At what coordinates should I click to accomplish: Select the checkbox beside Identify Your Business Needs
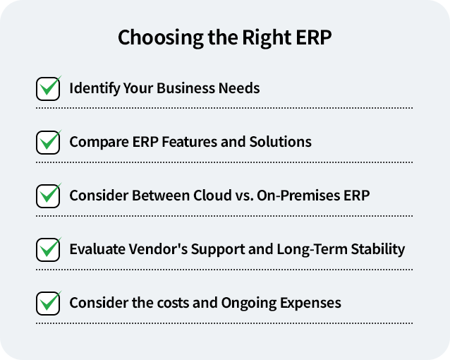(x=48, y=89)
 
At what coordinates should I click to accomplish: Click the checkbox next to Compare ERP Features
(x=48, y=142)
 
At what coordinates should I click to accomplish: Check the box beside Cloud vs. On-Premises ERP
(x=48, y=196)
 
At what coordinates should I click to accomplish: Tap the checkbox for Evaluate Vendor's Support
(x=48, y=249)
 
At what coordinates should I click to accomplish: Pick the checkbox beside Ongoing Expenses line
(x=48, y=303)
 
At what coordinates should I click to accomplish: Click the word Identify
(x=92, y=89)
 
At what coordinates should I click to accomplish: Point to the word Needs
(x=240, y=89)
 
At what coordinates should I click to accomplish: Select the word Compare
(x=97, y=142)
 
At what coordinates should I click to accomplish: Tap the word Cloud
(x=213, y=196)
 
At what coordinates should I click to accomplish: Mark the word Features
(x=189, y=142)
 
